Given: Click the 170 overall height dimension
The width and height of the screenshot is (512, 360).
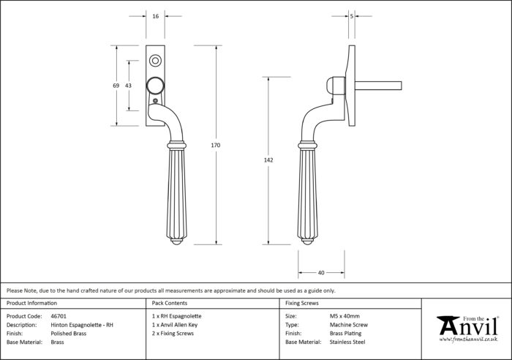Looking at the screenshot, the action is [x=216, y=146].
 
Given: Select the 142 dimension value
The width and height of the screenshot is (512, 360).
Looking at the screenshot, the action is [x=268, y=160].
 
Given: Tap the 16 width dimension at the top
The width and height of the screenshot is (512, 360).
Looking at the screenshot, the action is [x=155, y=16].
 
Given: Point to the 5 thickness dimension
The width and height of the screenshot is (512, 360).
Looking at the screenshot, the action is [x=352, y=16].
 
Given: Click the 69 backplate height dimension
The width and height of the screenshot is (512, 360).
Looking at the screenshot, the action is [x=116, y=86].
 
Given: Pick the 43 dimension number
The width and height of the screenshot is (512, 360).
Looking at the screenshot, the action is [x=128, y=86].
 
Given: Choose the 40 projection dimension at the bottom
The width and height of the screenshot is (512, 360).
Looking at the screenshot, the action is [x=321, y=273].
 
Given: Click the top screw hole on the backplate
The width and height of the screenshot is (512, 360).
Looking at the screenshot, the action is [x=155, y=61].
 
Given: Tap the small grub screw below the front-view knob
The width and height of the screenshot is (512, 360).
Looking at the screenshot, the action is [x=155, y=101].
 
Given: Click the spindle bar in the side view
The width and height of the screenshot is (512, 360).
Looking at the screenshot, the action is [x=378, y=86].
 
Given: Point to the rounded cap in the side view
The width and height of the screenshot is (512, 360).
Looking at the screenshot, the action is [x=335, y=86].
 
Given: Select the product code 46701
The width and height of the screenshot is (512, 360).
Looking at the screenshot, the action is [x=59, y=316].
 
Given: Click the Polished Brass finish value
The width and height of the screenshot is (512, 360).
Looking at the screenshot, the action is [x=69, y=334].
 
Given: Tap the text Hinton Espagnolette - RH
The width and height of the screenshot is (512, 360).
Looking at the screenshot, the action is [x=82, y=325].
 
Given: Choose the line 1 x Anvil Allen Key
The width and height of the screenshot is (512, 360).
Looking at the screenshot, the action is [x=175, y=325].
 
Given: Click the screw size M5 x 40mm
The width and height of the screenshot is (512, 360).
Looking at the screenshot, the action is [x=345, y=316].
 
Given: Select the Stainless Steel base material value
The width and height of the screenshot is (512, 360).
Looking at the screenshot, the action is [x=347, y=342].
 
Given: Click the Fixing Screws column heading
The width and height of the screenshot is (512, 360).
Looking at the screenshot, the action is [x=301, y=303].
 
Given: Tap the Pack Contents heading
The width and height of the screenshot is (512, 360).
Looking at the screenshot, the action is [x=170, y=303].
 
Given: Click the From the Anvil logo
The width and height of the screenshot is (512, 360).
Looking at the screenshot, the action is [x=468, y=329].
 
